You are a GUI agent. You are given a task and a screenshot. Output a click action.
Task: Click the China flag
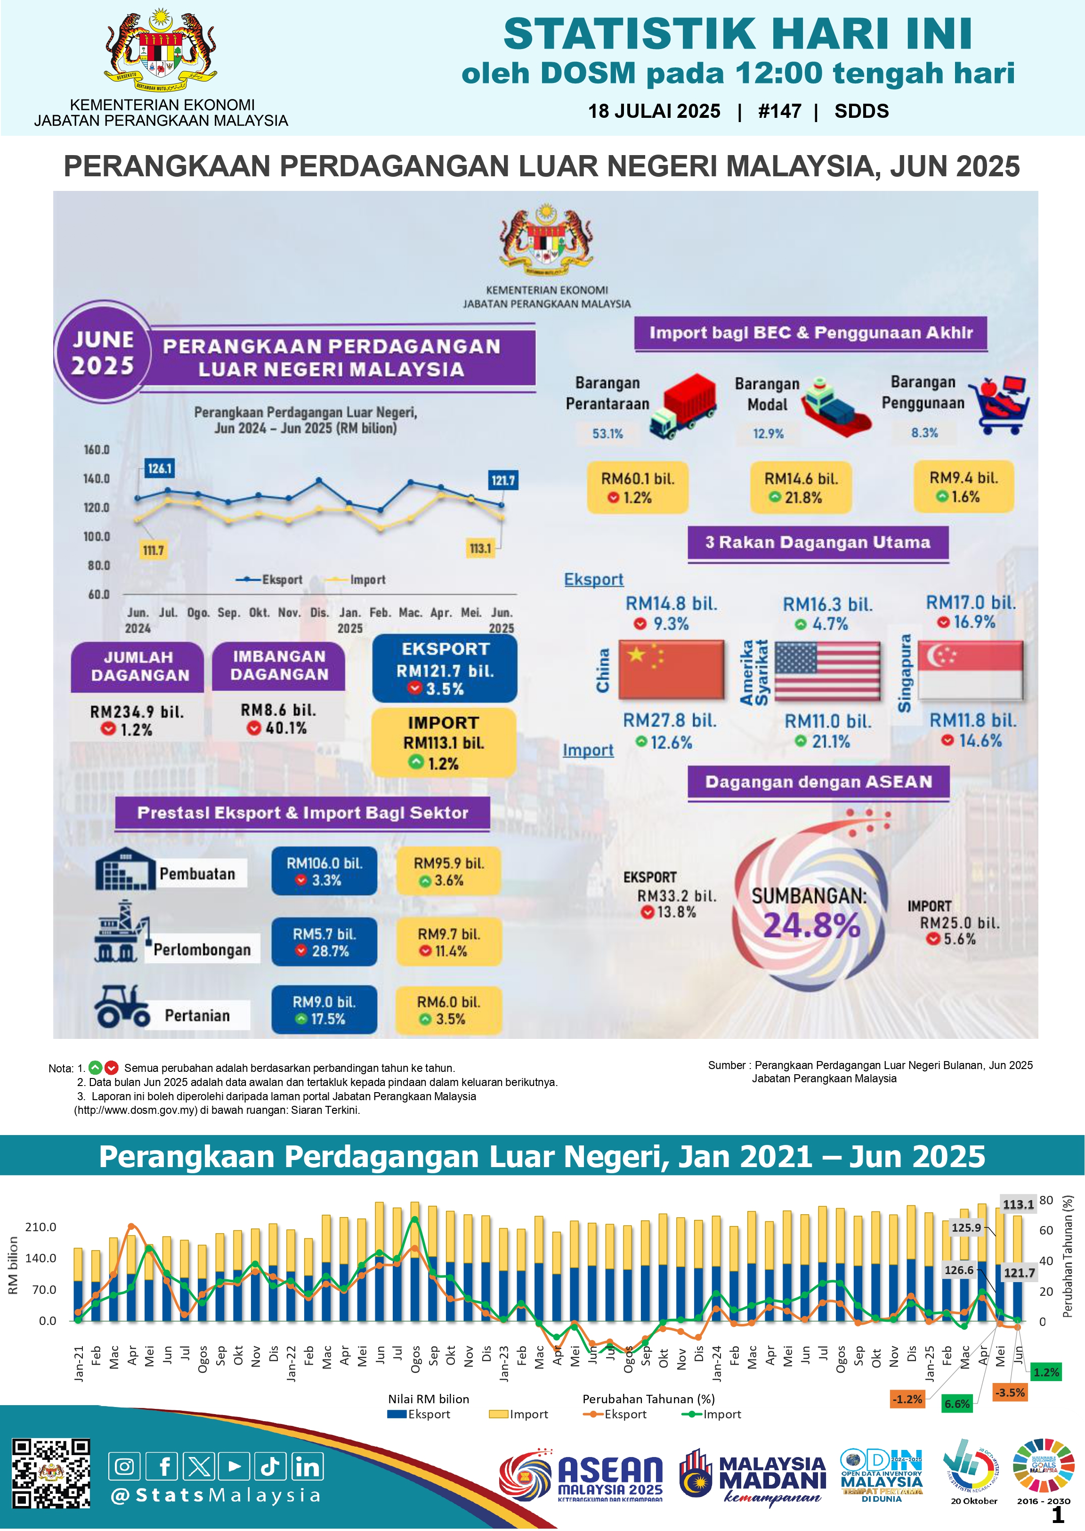coord(671,669)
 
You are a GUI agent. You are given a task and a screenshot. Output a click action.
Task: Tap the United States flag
coord(827,670)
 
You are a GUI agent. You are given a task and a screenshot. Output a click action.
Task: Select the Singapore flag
coord(970,670)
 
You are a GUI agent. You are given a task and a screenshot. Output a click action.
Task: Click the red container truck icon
coord(683,405)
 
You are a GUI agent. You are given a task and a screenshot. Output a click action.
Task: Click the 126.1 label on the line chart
coord(160,469)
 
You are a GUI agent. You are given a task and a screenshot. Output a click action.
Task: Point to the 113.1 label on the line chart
coord(480,549)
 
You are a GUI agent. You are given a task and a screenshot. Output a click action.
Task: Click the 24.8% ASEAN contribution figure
coord(811,925)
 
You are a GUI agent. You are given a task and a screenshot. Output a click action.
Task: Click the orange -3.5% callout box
coord(1010,1392)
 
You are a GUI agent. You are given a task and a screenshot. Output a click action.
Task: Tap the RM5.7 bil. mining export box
coord(324,941)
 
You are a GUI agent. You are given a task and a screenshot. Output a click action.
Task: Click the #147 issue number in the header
coord(779,111)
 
